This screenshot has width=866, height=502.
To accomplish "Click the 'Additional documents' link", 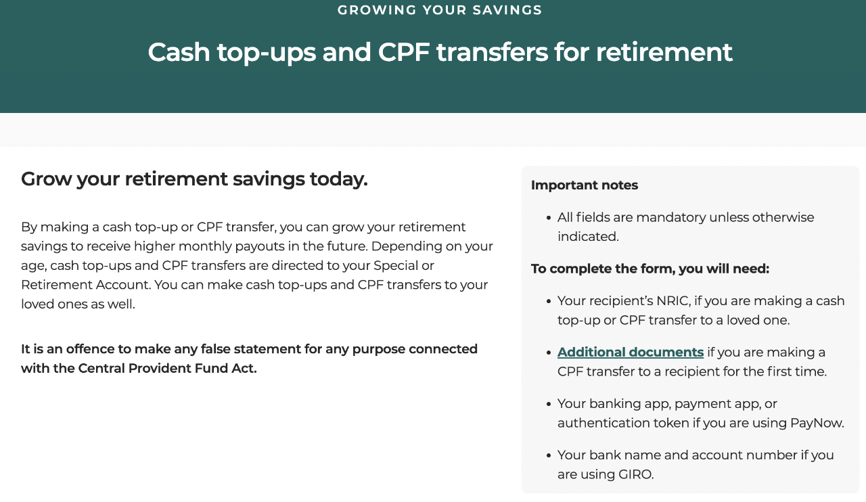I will tap(630, 352).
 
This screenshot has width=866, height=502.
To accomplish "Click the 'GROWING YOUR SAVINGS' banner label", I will tap(440, 10).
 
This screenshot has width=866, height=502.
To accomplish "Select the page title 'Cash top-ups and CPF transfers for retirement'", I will tap(440, 52).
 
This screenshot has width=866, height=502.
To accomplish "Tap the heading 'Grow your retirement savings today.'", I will tap(194, 179).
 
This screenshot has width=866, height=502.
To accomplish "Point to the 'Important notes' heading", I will tap(584, 185).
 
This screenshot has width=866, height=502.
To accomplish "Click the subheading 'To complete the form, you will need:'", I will tap(649, 269).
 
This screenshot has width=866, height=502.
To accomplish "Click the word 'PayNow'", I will tap(816, 424).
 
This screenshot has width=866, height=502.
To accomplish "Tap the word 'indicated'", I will tap(587, 237).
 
